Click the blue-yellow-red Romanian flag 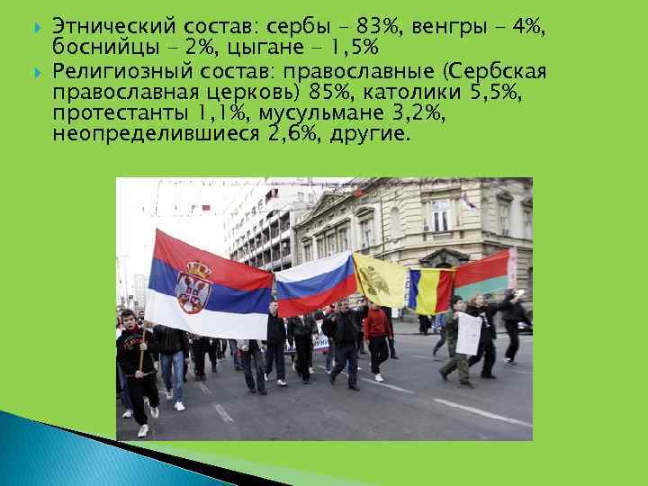coord(429,290)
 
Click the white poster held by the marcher coord(468,333)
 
